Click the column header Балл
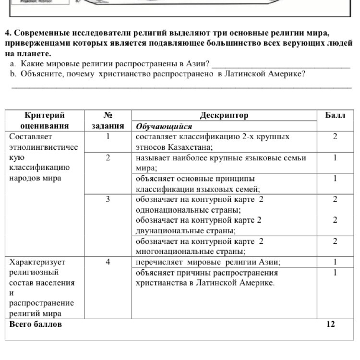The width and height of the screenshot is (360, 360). [x=335, y=116]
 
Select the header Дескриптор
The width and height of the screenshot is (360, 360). [x=224, y=116]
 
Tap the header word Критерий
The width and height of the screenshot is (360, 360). [x=45, y=116]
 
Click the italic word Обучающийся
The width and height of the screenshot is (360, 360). [x=164, y=127]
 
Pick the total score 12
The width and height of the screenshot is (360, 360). [x=330, y=324]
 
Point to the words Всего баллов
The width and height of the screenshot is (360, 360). [x=36, y=324]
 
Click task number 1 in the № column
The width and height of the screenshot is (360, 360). [x=108, y=137]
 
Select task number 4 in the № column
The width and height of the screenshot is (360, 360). [x=108, y=263]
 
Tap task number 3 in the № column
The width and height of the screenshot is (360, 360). [x=108, y=200]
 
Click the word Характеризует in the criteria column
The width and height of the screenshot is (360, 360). [x=37, y=263]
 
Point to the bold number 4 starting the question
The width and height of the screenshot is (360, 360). [x=8, y=34]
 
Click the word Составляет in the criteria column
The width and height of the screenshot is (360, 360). [x=30, y=137]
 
